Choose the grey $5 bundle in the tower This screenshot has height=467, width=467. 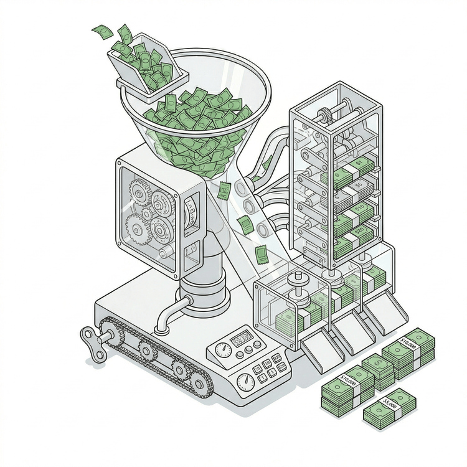tap(356, 186)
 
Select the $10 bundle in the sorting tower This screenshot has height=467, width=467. tap(357, 209)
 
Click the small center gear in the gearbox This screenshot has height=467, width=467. tap(147, 212)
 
